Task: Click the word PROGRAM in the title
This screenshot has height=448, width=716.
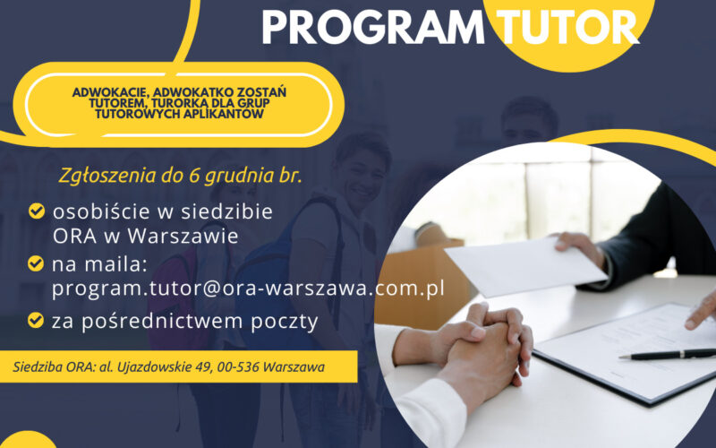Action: (x=373, y=27)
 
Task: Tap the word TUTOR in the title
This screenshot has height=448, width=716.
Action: (x=567, y=27)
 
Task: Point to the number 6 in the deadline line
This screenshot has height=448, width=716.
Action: (x=193, y=176)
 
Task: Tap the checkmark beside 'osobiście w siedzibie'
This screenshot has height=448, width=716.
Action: (x=37, y=211)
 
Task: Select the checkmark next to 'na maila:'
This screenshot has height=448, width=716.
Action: (x=36, y=263)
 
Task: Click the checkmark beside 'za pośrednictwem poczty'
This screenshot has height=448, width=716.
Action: (x=36, y=320)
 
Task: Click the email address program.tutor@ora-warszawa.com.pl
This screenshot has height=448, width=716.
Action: (x=248, y=289)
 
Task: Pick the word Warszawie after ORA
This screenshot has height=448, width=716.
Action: (x=183, y=237)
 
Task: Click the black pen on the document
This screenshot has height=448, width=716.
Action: (x=668, y=354)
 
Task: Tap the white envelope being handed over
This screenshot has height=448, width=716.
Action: (x=525, y=265)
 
